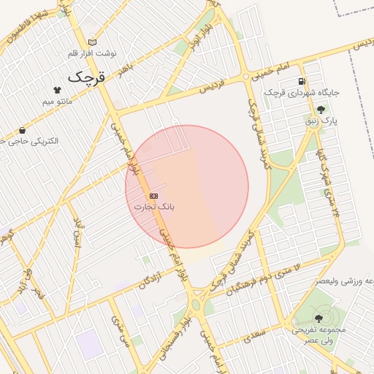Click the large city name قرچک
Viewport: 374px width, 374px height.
click(x=87, y=76)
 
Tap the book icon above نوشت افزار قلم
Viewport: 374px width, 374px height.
click(x=91, y=42)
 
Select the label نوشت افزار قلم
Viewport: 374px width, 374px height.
click(x=92, y=54)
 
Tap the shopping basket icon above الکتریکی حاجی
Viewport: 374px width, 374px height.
click(x=22, y=130)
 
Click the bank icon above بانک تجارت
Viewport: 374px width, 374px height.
click(x=153, y=196)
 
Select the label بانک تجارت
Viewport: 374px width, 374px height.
click(x=153, y=207)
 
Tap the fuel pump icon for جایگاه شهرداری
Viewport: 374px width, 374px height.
click(x=302, y=81)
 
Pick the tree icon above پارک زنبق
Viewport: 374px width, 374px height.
click(x=321, y=110)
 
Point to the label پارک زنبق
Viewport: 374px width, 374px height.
click(x=324, y=121)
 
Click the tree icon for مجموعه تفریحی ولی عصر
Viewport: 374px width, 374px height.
click(x=318, y=318)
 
